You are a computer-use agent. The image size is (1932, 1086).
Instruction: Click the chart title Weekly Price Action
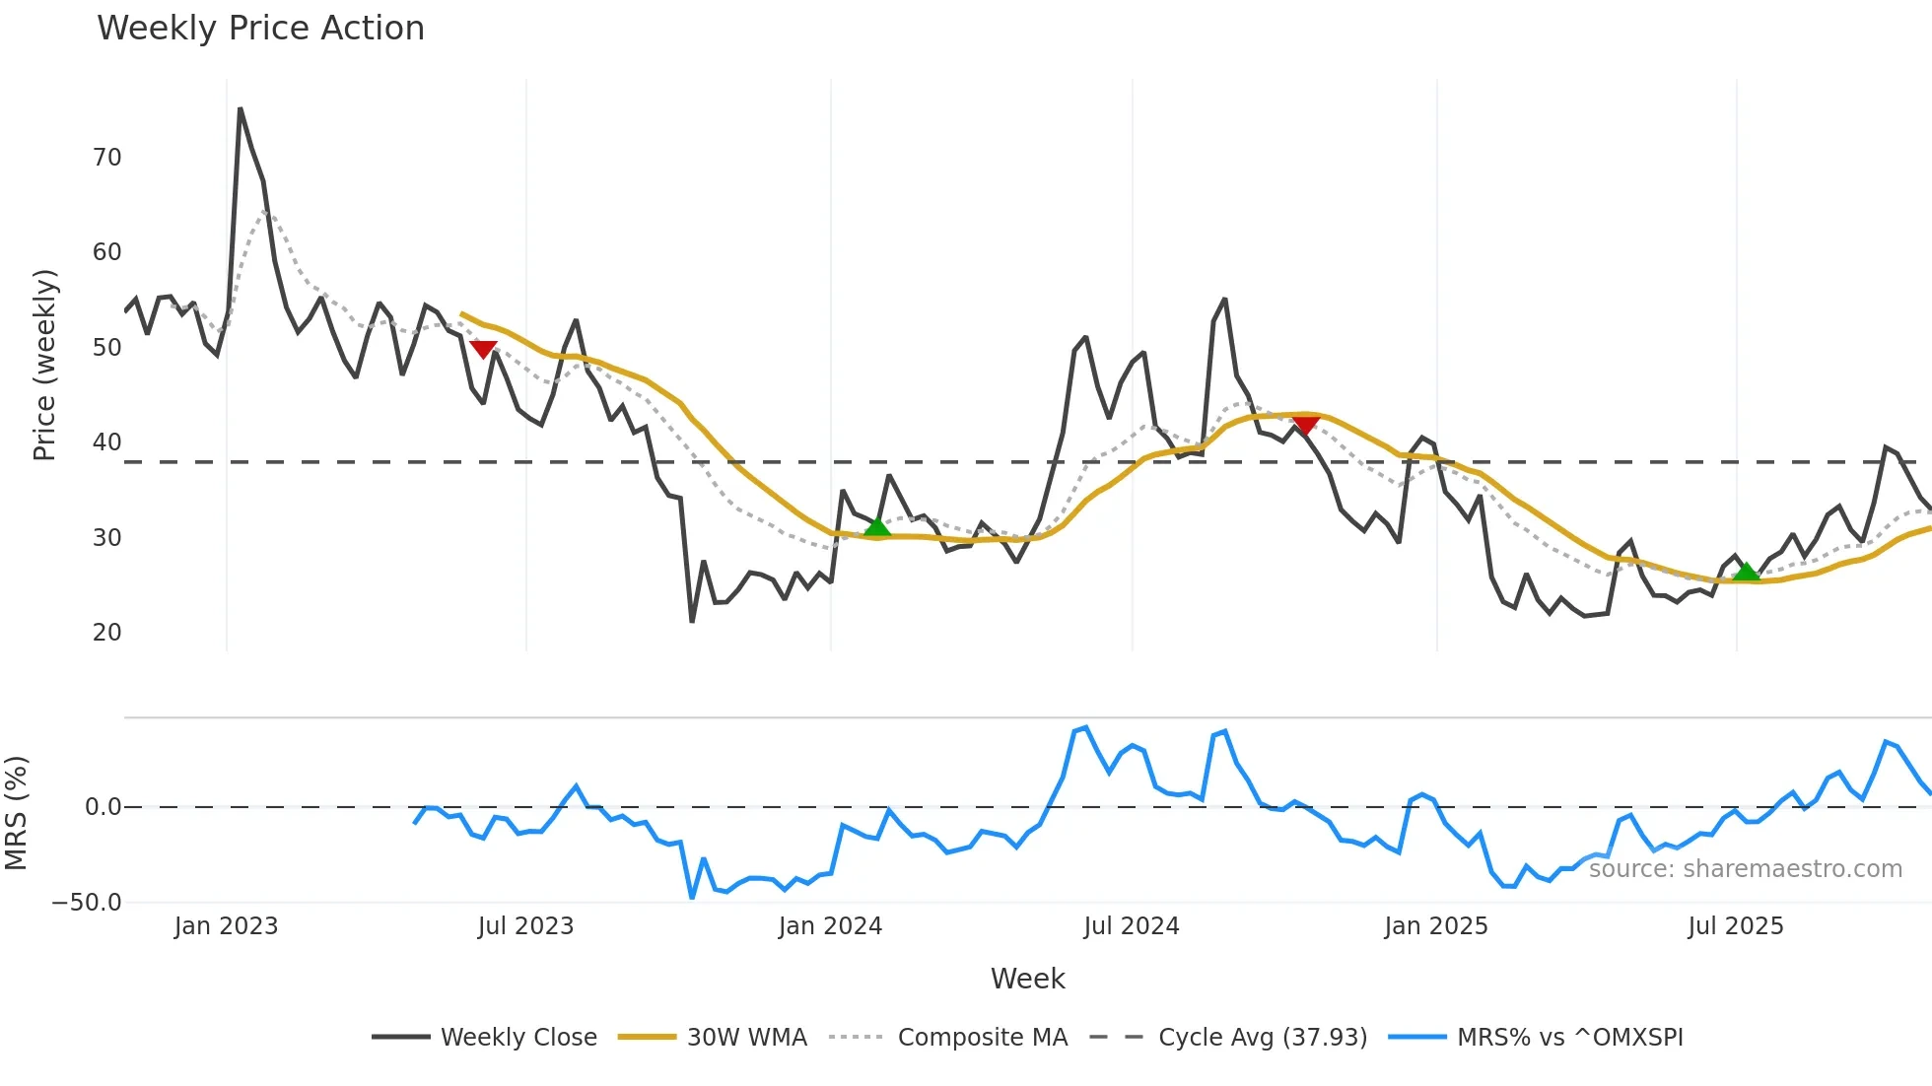[260, 29]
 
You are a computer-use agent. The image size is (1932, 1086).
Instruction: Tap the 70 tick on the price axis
[107, 158]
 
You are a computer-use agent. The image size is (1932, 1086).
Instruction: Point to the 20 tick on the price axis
[107, 633]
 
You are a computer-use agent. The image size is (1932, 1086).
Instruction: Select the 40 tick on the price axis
[107, 442]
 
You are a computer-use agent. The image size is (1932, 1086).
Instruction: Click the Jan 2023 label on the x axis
[226, 926]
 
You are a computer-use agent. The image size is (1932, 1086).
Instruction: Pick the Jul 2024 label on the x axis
[1131, 926]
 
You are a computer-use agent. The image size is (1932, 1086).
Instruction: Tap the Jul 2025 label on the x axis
[1735, 926]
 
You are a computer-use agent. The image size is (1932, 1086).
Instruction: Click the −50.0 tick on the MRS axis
[87, 903]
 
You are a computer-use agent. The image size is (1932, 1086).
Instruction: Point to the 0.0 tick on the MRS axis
[103, 807]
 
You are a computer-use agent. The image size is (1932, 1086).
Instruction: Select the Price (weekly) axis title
[45, 366]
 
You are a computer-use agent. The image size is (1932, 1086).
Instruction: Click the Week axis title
[1027, 979]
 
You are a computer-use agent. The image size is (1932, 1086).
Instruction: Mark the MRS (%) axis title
[16, 813]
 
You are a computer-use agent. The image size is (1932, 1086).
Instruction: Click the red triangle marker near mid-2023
[483, 349]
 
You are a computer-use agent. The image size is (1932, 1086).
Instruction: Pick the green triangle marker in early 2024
[877, 527]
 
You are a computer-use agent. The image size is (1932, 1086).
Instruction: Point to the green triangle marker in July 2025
[1746, 572]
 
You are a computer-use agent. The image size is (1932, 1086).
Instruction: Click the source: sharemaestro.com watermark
[1745, 869]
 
